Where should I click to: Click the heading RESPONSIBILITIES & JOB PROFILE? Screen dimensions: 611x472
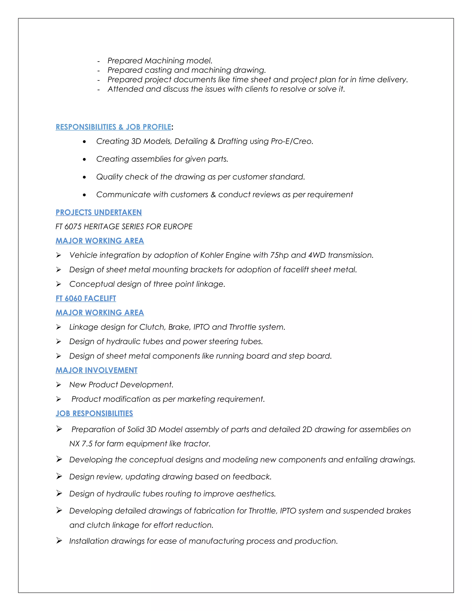tap(113, 127)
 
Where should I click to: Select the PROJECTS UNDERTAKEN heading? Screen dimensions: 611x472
tap(98, 212)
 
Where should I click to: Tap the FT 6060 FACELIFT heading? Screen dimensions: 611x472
tap(86, 299)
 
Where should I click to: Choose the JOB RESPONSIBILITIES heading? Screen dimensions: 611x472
tap(94, 413)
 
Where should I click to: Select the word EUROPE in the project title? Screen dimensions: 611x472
tap(178, 227)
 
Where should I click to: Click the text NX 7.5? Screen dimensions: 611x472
tap(81, 444)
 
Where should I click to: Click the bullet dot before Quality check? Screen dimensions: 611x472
tap(84, 177)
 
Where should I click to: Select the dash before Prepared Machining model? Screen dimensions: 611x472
tap(98, 61)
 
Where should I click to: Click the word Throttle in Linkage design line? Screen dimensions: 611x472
tap(242, 327)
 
